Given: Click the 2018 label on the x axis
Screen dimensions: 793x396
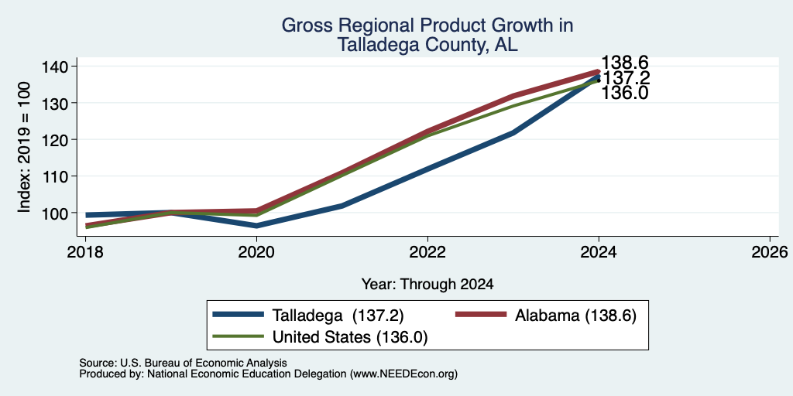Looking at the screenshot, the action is [x=85, y=251].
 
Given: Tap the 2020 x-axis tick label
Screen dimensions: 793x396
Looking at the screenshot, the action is [x=256, y=251].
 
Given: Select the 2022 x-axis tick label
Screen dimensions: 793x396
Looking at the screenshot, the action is [x=427, y=251].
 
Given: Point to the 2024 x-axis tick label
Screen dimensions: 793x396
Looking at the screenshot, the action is [x=599, y=251].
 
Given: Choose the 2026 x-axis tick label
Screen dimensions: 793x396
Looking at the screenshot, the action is [x=770, y=251].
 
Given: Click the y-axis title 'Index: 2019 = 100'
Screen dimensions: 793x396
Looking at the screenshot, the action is [x=25, y=148].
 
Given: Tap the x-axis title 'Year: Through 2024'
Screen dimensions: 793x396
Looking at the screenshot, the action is [x=427, y=285].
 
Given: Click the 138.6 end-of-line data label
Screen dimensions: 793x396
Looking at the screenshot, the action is [x=625, y=63].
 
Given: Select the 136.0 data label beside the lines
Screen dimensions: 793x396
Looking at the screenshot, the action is [x=625, y=93].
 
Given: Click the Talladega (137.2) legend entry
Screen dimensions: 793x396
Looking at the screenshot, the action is [x=308, y=316].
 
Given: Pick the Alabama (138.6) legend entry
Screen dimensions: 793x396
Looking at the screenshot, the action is [x=546, y=316].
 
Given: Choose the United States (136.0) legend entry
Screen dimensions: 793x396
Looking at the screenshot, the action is [x=321, y=337].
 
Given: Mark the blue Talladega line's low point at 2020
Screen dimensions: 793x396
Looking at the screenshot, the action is [x=256, y=226].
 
